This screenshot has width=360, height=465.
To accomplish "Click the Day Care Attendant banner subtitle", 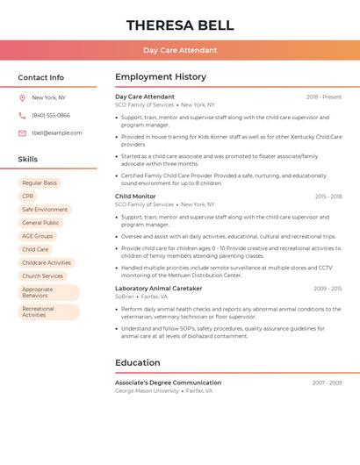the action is [x=180, y=50].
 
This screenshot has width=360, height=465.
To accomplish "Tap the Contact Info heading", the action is [x=40, y=77].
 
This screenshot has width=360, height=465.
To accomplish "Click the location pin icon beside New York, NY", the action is [x=22, y=98].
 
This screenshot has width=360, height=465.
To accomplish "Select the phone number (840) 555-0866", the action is [x=51, y=115].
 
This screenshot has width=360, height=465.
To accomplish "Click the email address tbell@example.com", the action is [x=57, y=132].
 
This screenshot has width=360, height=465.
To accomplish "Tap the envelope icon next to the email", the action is [x=22, y=133].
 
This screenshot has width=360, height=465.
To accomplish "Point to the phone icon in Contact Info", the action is [x=22, y=116].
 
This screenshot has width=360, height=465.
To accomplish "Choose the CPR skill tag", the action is [x=28, y=197].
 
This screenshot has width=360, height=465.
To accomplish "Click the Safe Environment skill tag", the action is [x=45, y=210].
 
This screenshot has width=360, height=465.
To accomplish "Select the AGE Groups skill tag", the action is [x=38, y=236].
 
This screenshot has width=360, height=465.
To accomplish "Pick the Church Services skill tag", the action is [x=43, y=275].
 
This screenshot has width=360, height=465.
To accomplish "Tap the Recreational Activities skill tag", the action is [x=48, y=311].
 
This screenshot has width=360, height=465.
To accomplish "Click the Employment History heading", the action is [x=161, y=77].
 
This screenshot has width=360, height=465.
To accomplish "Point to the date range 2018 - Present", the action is [x=324, y=97].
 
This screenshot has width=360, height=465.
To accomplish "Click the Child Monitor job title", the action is [x=135, y=197].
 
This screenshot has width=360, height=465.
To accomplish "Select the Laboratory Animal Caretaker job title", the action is [x=158, y=288].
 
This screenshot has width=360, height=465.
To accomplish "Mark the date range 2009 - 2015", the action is [x=328, y=289].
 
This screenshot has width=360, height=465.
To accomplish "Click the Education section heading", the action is [x=138, y=362].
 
